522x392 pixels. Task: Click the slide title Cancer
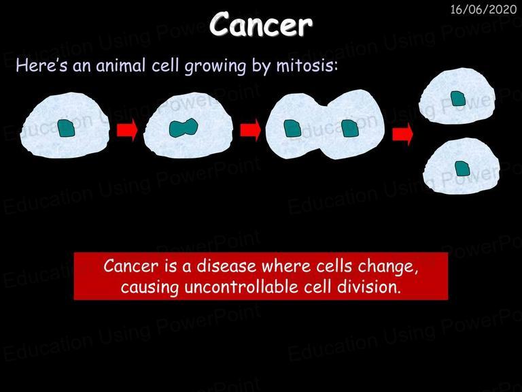tap(261, 24)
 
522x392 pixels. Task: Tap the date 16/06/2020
tap(483, 10)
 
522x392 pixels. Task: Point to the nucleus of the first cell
tap(66, 129)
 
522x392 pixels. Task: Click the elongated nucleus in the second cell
tap(184, 128)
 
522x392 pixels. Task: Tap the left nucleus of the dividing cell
tap(293, 129)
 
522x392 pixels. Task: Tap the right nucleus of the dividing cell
tap(350, 129)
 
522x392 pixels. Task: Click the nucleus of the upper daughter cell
tap(457, 99)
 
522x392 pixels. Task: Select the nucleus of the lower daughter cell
tap(462, 169)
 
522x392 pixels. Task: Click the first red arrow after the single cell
tap(127, 130)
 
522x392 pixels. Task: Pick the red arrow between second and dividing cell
tap(251, 130)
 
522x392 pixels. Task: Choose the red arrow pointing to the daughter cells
tap(403, 134)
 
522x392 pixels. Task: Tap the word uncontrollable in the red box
tap(241, 287)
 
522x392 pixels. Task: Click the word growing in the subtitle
tap(215, 67)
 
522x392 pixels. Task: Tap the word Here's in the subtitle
tap(41, 65)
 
